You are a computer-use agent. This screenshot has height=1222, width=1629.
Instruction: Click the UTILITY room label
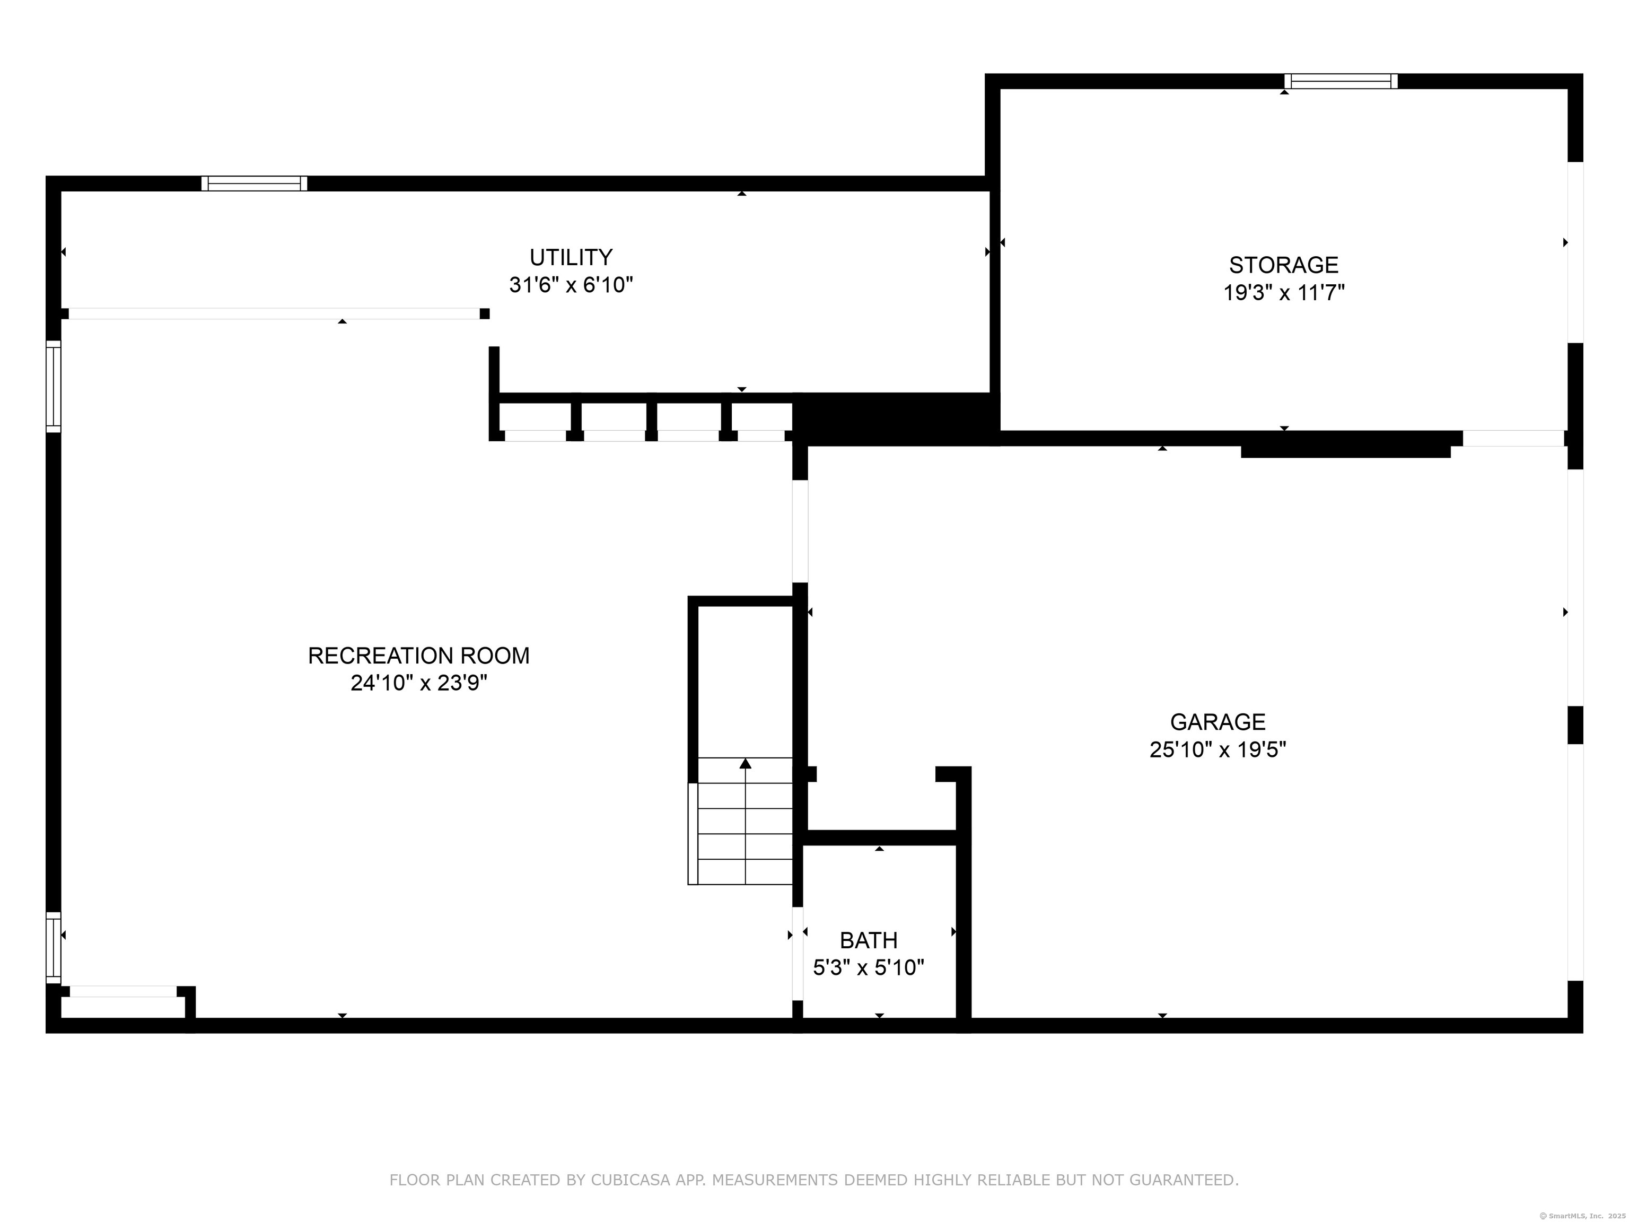571,257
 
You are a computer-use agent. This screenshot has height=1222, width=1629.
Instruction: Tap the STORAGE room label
1284,265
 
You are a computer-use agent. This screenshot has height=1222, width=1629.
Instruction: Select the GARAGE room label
1218,721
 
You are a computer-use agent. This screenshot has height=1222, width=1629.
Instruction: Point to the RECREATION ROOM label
418,656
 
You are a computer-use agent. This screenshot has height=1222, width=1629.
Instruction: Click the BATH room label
868,940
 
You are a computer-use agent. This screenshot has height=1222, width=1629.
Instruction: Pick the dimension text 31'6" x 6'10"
571,285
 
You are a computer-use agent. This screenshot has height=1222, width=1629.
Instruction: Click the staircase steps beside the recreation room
740,821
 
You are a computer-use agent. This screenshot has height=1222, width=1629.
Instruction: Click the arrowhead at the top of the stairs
745,763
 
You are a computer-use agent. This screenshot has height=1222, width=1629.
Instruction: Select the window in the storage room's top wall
1341,81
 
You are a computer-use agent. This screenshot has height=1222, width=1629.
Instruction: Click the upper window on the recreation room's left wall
54,386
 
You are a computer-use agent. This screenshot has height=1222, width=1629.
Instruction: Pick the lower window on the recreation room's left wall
54,947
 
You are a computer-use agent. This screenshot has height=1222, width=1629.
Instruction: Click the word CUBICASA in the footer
629,1180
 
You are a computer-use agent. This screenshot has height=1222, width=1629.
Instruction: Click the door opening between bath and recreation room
798,953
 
